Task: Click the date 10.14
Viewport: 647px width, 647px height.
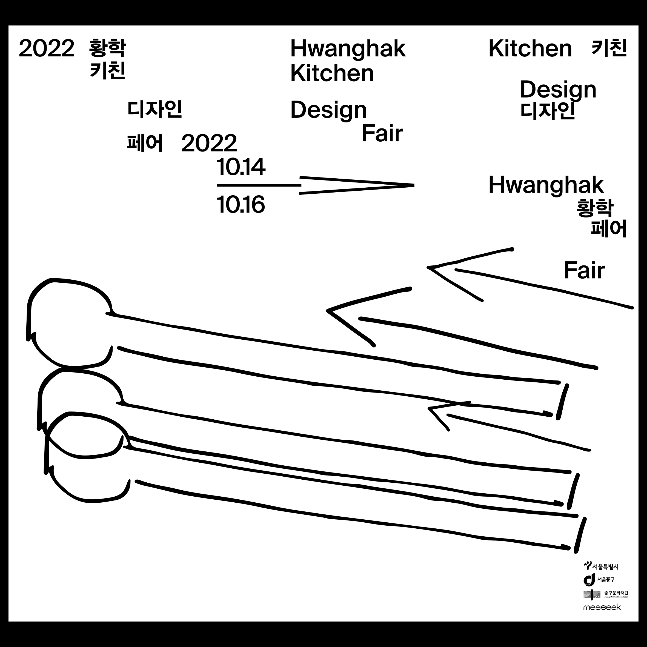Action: click(x=241, y=167)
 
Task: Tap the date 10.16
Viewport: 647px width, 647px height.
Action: click(x=241, y=205)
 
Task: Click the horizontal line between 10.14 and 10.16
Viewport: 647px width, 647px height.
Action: click(x=259, y=185)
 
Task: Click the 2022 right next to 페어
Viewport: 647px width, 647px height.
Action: click(x=209, y=143)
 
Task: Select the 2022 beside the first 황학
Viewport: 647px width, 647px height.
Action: click(x=47, y=48)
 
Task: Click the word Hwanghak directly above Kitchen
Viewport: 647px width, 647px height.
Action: click(x=348, y=48)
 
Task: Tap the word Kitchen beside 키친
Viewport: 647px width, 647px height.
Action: click(x=530, y=48)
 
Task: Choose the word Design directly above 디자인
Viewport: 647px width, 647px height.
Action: click(x=558, y=90)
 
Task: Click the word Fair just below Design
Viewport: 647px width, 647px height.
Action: click(x=382, y=134)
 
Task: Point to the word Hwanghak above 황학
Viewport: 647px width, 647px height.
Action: click(x=546, y=185)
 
